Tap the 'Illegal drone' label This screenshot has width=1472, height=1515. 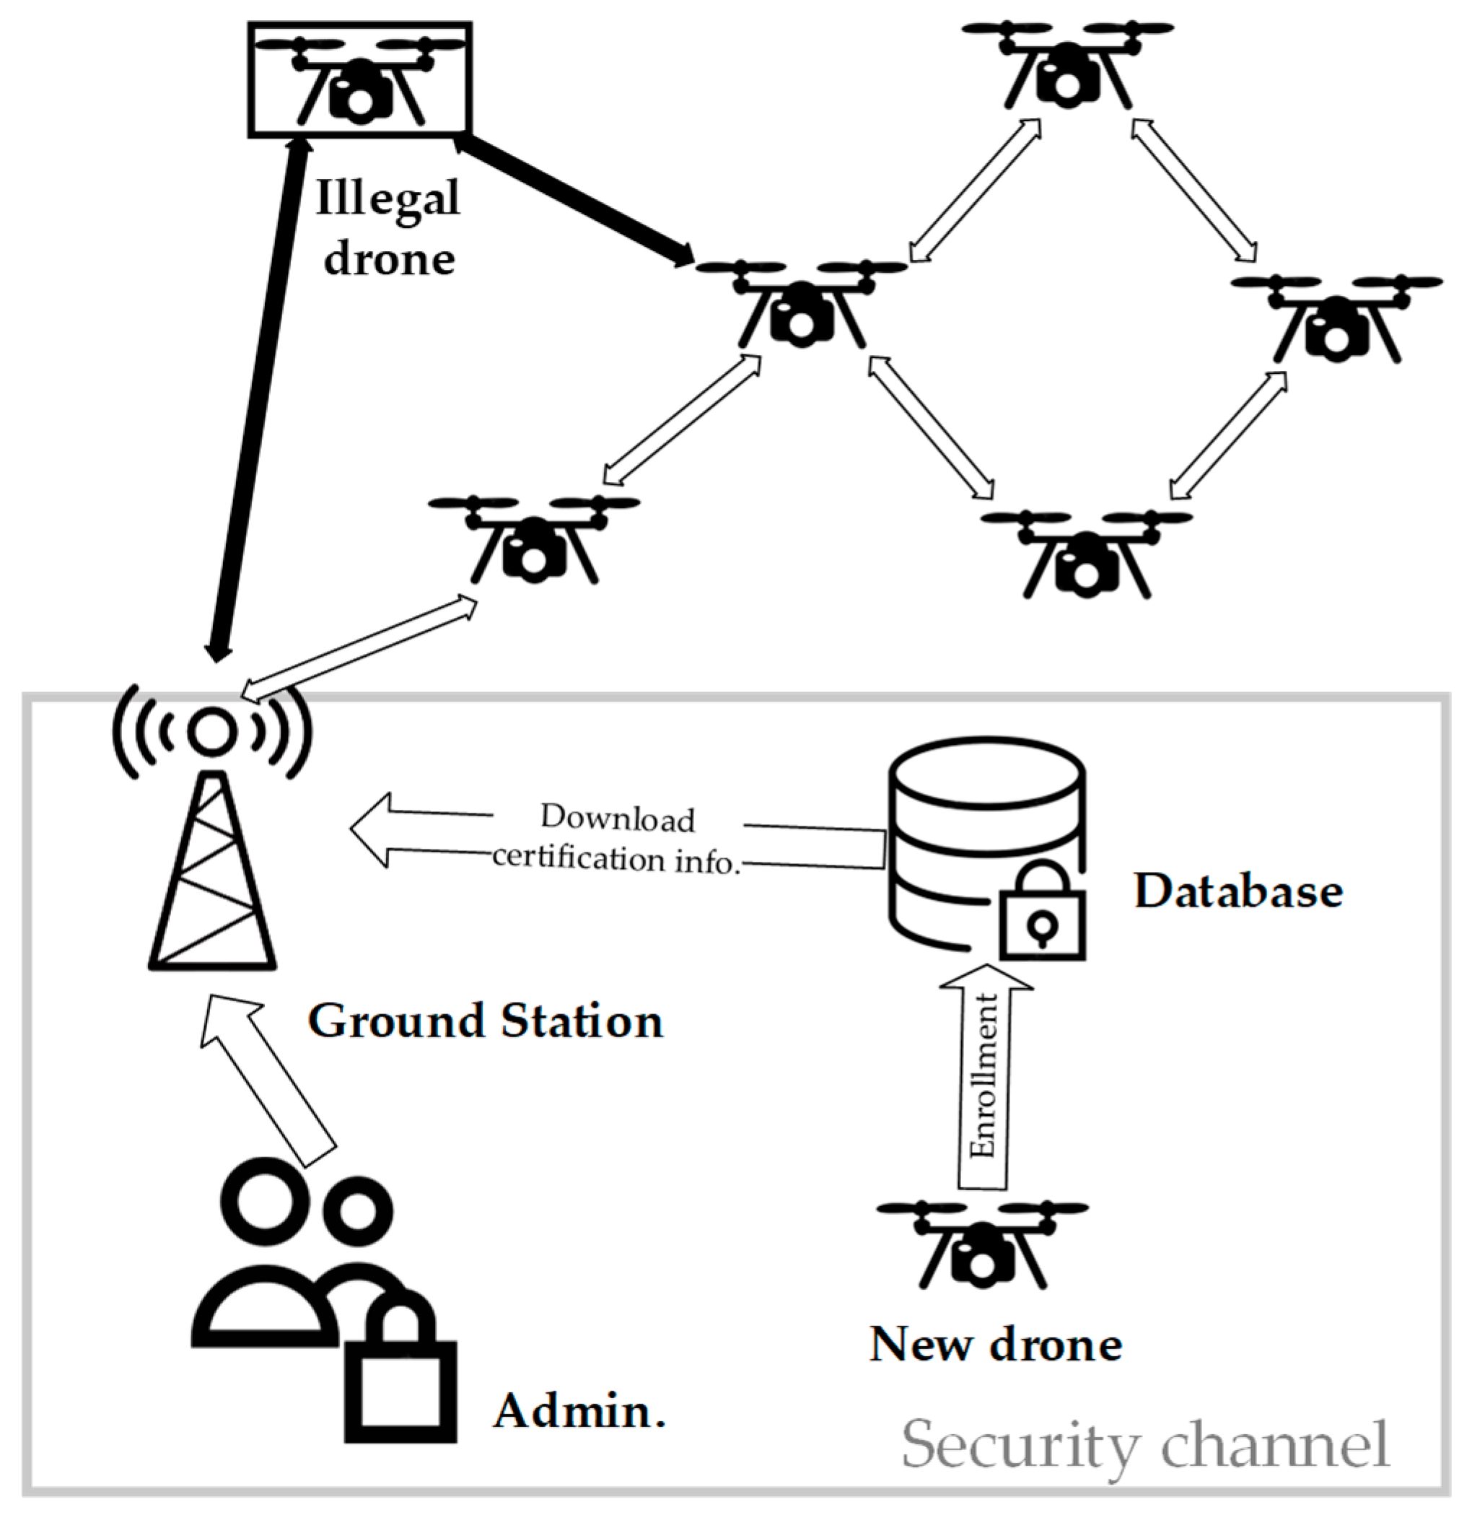tap(388, 227)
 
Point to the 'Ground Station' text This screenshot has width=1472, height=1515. tap(486, 1021)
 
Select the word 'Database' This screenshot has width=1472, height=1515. tap(1237, 891)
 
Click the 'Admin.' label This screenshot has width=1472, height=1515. tap(580, 1412)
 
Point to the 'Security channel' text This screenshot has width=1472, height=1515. tap(1145, 1444)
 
